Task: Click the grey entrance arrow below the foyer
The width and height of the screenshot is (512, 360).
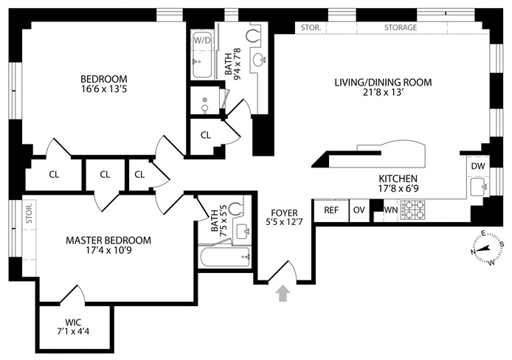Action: (283, 294)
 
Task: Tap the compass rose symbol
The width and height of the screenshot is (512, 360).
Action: (486, 248)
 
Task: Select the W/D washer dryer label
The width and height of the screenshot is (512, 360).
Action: (202, 41)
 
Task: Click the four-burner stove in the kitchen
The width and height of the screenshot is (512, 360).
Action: (412, 210)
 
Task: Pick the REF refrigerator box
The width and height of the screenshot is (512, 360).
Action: (331, 210)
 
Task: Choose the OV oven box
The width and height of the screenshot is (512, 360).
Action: (359, 210)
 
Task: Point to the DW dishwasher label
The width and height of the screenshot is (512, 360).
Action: (478, 166)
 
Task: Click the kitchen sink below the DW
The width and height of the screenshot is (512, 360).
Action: (479, 187)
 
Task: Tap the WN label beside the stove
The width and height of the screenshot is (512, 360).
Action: (390, 210)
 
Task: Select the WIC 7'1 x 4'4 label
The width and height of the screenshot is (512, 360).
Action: (73, 327)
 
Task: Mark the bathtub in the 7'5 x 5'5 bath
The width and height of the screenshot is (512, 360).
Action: (225, 257)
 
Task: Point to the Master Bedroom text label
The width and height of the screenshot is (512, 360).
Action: (108, 240)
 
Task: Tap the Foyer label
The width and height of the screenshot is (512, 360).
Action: (285, 213)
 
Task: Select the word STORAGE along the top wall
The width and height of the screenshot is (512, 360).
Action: (401, 27)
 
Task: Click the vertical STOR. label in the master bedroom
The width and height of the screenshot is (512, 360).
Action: (30, 213)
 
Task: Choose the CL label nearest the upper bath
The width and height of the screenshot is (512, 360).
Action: (206, 135)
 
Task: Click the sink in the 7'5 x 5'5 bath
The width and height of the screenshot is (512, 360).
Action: (243, 229)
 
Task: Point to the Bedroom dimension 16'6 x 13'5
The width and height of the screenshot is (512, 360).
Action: (104, 89)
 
